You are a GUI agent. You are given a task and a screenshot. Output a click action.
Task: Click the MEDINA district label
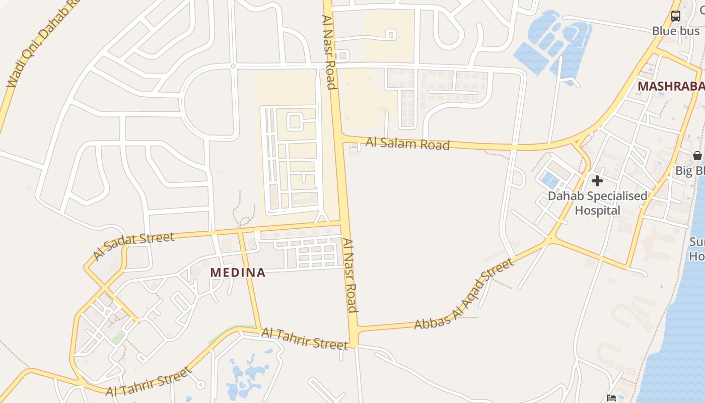[x=237, y=273]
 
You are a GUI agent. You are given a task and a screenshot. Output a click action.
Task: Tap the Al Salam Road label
[x=407, y=144]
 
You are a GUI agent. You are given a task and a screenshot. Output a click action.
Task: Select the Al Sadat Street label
[x=133, y=245]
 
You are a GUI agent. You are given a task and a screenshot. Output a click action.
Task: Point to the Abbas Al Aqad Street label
[x=464, y=295]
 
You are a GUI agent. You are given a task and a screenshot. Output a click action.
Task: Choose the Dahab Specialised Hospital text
[x=597, y=203]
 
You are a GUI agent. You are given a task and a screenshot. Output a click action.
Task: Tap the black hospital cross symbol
[x=597, y=180]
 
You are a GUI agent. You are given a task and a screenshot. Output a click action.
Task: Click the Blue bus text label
[x=676, y=31]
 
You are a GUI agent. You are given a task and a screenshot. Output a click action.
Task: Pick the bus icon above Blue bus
[x=676, y=16]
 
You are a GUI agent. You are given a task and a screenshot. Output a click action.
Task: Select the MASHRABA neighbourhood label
[x=671, y=86]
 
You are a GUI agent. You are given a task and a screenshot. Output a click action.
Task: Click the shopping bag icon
[x=697, y=156]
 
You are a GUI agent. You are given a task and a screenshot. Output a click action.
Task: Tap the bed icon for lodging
[x=611, y=398]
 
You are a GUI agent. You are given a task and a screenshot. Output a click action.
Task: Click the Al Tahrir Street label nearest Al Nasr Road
[x=304, y=339]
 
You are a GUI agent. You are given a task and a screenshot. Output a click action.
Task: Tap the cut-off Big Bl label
[x=690, y=171]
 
